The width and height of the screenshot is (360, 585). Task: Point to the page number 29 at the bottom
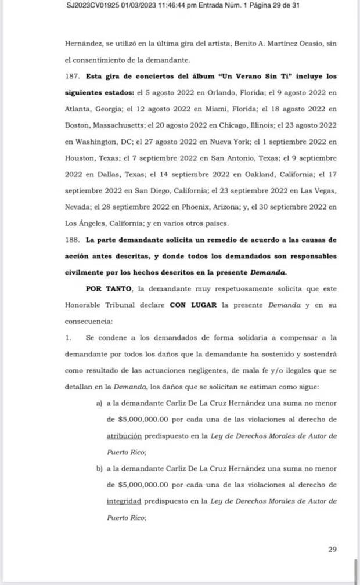pyautogui.click(x=332, y=549)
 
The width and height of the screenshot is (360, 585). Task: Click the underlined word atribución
pyautogui.click(x=125, y=435)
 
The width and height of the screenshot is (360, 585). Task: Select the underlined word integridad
pyautogui.click(x=124, y=500)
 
